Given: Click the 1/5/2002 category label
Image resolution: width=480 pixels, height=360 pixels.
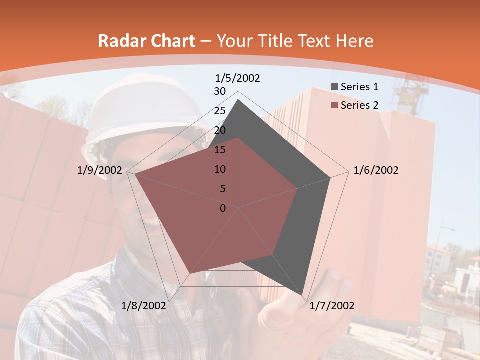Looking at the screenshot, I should (238, 78).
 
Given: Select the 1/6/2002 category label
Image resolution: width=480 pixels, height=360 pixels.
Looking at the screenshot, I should (376, 170).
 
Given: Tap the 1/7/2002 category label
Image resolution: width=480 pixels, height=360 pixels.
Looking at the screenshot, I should (332, 306).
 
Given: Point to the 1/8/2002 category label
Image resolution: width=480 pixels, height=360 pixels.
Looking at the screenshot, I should (144, 306).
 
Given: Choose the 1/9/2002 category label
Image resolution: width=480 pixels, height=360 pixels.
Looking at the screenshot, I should (100, 170).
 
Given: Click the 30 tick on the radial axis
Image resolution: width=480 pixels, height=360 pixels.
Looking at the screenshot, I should (220, 91).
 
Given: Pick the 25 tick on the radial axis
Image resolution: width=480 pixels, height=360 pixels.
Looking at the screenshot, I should (220, 111).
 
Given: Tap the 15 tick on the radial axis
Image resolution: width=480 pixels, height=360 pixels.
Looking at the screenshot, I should (220, 150).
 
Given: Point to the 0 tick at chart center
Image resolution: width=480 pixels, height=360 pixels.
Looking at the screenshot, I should (223, 208).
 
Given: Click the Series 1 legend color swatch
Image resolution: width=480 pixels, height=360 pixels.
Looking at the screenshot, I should (335, 87).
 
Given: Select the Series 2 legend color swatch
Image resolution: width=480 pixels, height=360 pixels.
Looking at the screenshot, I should (335, 105).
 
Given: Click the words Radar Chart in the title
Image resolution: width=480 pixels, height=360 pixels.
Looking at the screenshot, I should (146, 41).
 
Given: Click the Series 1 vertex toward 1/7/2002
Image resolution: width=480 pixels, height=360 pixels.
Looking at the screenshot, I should (303, 295).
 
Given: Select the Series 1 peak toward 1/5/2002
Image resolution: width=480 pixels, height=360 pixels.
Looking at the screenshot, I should (238, 100).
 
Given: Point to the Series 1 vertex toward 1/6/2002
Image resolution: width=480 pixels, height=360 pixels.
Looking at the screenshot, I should (330, 178).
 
